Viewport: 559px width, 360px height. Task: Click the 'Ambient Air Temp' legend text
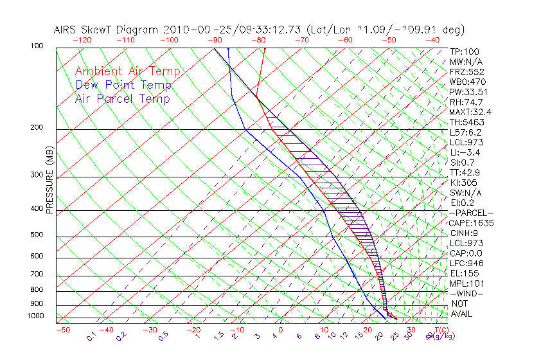127,71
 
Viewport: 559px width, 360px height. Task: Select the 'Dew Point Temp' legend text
123,85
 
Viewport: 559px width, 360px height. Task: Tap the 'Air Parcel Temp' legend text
123,98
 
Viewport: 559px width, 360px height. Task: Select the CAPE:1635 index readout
471,223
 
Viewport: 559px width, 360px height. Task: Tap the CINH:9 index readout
465,233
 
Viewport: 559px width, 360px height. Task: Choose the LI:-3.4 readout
465,152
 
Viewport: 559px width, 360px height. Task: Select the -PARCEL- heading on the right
471,213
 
